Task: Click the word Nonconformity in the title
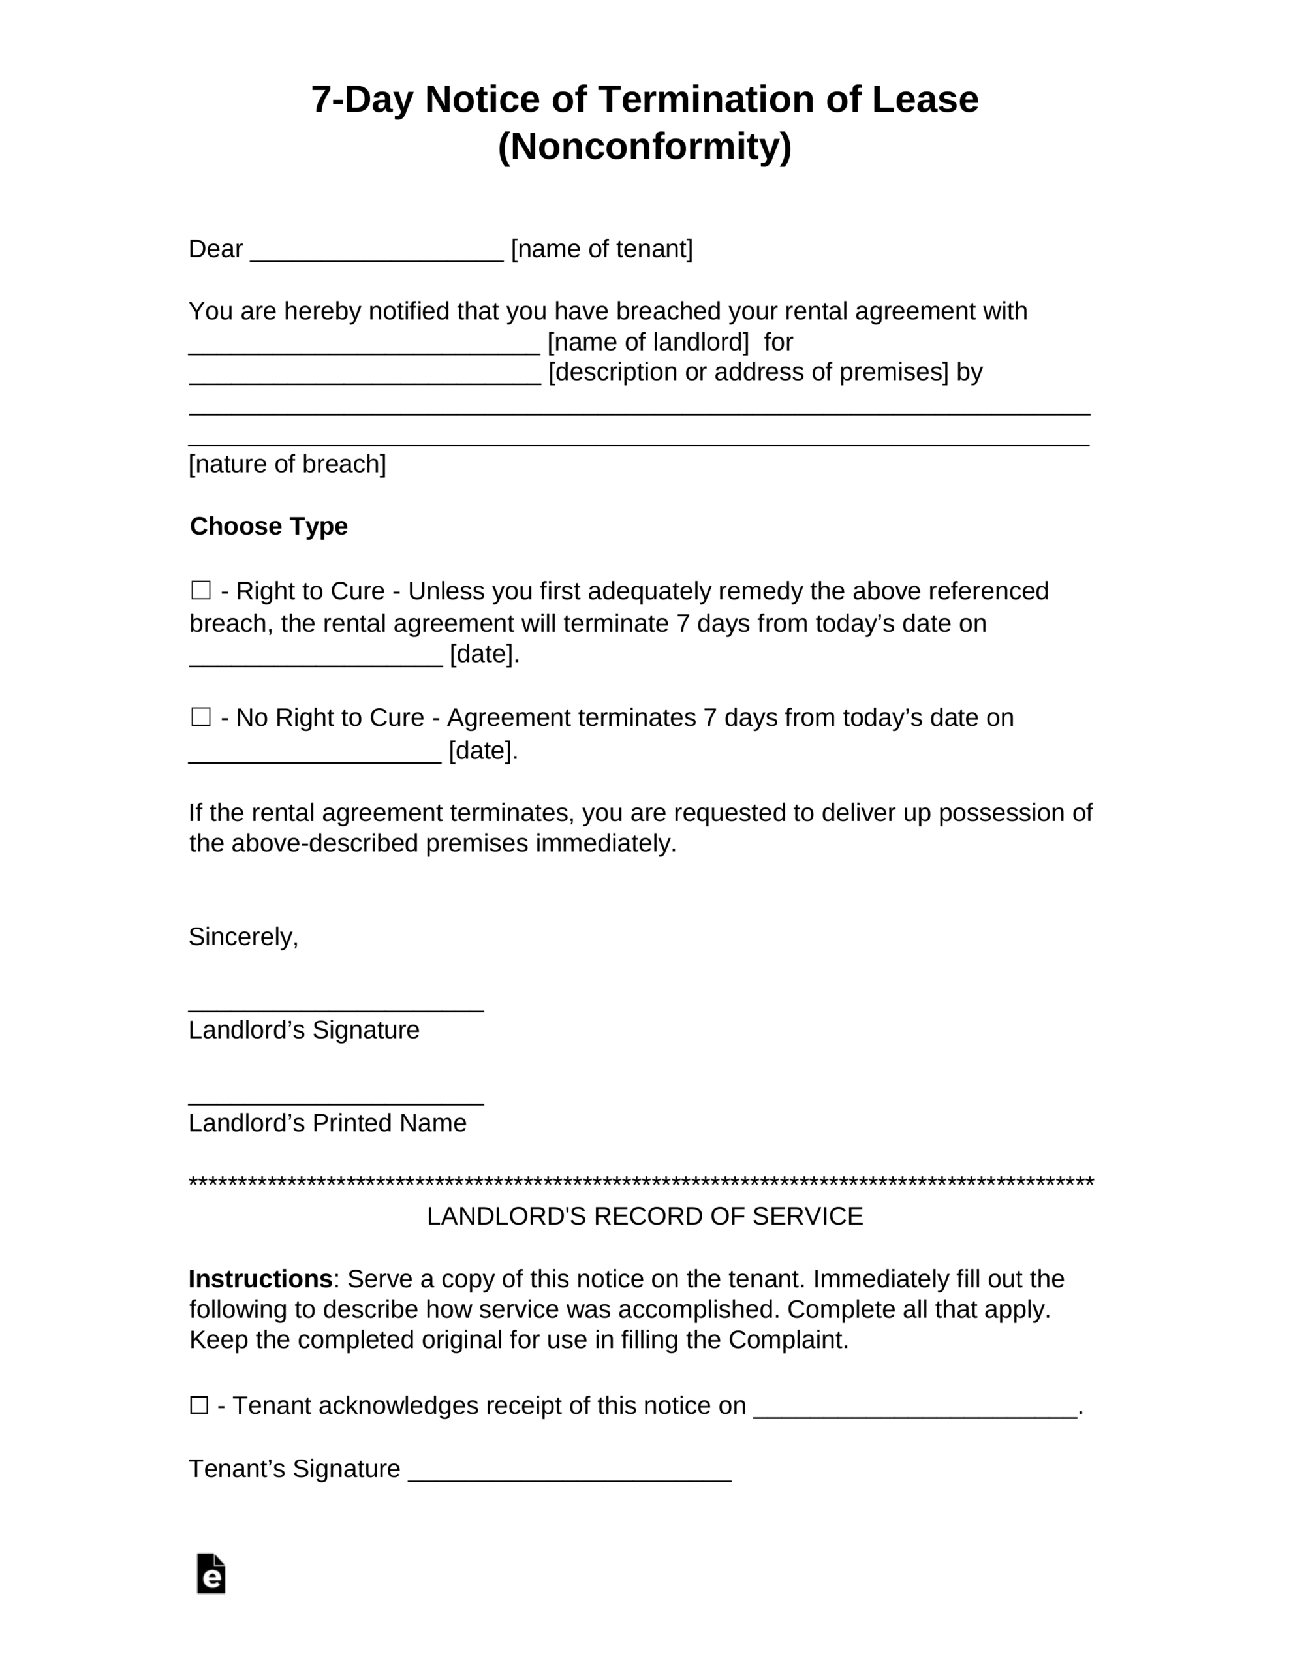(644, 146)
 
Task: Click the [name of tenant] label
(602, 249)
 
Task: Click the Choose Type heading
(269, 526)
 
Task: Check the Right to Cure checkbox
(200, 590)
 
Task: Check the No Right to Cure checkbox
(200, 716)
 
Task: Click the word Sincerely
(243, 937)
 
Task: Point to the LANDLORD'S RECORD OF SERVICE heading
(644, 1216)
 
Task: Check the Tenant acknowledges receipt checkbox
(199, 1405)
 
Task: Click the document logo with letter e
(210, 1573)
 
